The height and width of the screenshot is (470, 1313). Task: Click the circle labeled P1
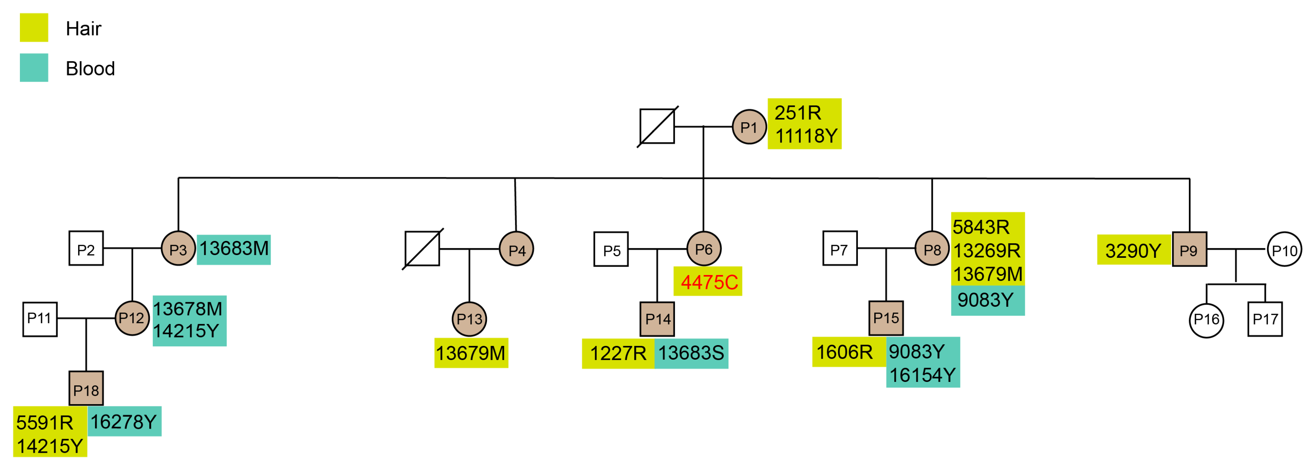tap(749, 127)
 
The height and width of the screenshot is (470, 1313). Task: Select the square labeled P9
tap(1189, 249)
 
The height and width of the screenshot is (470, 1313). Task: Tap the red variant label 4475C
tap(709, 282)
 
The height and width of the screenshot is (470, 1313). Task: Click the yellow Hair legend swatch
tap(34, 28)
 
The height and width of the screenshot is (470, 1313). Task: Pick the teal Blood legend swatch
tap(34, 68)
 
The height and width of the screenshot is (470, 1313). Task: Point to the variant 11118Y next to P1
tap(806, 136)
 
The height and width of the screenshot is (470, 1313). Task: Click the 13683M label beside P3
tap(234, 249)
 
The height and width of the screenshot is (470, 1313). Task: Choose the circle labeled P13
tap(469, 319)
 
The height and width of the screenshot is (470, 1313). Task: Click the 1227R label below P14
tap(618, 353)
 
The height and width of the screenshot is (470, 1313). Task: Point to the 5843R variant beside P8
tap(981, 227)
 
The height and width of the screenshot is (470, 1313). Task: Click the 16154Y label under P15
tap(922, 375)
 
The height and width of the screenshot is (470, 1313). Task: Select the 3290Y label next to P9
tap(1133, 251)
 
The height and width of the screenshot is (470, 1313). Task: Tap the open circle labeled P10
tap(1284, 249)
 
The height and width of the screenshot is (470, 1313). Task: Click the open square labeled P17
tap(1265, 319)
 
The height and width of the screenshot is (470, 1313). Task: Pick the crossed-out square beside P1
tap(657, 126)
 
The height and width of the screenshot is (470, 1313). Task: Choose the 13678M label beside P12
tap(188, 309)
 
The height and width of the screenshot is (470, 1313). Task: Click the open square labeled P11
tap(40, 319)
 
